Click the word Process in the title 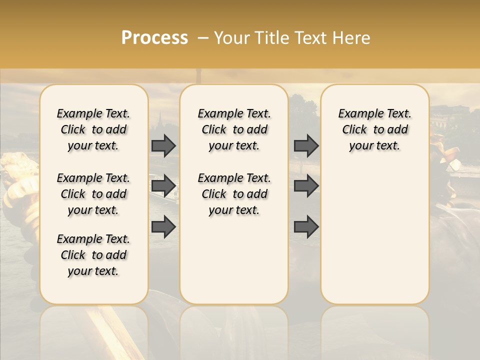click(154, 38)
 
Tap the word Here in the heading click(351, 38)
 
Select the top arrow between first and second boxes click(163, 145)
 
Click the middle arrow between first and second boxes click(163, 186)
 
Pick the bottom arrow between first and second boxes click(163, 226)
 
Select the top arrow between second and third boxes click(306, 145)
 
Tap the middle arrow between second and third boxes click(306, 186)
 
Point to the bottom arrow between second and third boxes click(306, 226)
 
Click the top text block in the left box click(93, 129)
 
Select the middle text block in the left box click(93, 194)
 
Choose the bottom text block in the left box click(93, 255)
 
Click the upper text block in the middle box click(234, 129)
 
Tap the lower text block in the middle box click(234, 194)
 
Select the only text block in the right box click(374, 129)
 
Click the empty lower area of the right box click(374, 235)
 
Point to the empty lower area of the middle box click(234, 260)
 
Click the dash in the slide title click(203, 38)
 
